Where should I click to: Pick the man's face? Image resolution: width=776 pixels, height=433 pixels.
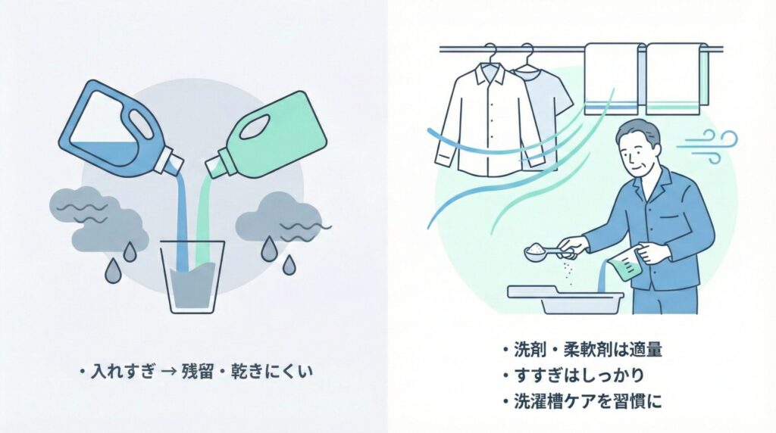coord(637,151)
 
